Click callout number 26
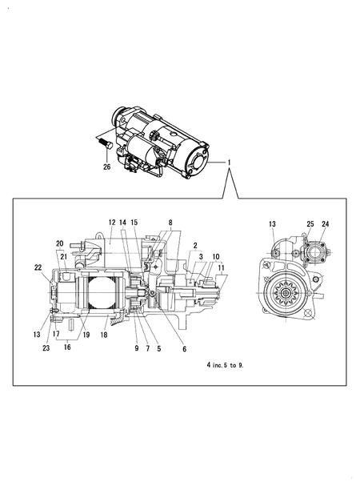(x=107, y=167)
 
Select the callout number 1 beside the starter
(x=230, y=163)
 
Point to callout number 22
(x=38, y=267)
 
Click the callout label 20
(x=59, y=243)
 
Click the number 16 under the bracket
(x=66, y=348)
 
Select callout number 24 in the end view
(x=325, y=223)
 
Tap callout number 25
(x=310, y=223)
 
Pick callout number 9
(x=136, y=348)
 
